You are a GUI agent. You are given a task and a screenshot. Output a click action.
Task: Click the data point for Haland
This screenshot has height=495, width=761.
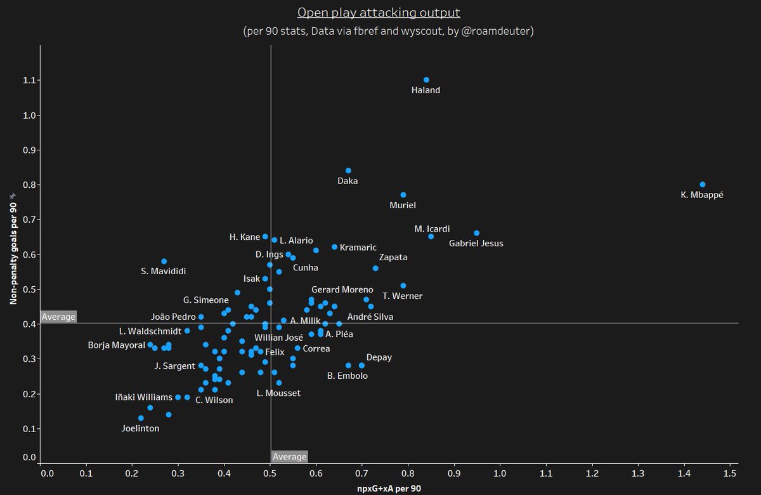coord(426,80)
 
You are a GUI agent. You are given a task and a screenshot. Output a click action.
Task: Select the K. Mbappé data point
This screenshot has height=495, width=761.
coord(702,185)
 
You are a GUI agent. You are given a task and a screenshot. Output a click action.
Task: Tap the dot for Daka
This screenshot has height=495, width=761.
coord(348,171)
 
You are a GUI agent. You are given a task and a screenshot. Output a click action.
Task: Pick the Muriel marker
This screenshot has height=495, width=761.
coord(403,195)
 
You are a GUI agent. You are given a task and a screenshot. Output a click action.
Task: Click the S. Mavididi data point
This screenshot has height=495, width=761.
coord(164,261)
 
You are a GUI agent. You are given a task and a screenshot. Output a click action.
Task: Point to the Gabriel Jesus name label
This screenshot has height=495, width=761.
coord(476,243)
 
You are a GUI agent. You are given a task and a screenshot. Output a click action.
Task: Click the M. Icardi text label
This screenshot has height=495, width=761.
coord(432,229)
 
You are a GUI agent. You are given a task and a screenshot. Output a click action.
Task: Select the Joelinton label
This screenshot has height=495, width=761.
coord(140,428)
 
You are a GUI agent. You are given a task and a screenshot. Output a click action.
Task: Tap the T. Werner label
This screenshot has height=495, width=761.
coord(402,296)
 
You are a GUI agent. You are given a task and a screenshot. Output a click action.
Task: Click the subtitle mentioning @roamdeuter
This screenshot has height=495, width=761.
coord(388,31)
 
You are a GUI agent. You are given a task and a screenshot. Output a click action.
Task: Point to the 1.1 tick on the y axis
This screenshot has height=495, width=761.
coord(29,81)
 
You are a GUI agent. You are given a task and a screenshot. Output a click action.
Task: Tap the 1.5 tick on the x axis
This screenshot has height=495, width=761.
coord(729,473)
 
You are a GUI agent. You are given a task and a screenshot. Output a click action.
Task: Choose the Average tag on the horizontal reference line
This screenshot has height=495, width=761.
coord(58,317)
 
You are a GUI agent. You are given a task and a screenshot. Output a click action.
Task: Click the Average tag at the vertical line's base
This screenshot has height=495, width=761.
coord(289,457)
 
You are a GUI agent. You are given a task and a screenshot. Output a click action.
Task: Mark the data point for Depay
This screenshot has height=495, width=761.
coord(361,366)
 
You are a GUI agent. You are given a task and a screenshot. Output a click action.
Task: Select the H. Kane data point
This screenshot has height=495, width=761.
coord(265,237)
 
